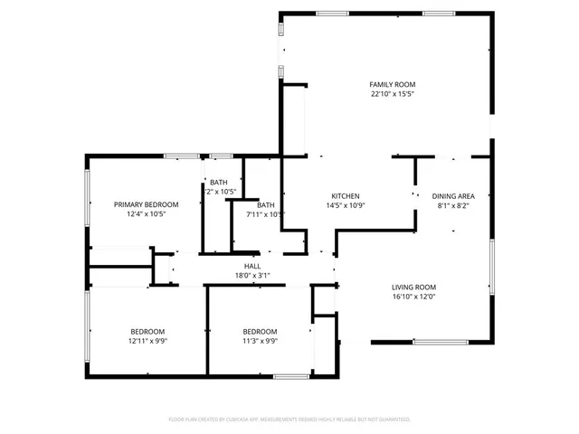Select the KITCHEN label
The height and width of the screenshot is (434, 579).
click(346, 196)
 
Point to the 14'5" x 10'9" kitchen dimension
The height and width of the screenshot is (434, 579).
click(346, 206)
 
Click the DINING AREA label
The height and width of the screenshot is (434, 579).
click(453, 196)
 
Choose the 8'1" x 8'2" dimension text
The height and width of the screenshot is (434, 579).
click(453, 206)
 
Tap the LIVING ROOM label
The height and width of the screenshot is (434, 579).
click(413, 287)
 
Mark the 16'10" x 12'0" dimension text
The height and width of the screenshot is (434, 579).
click(413, 297)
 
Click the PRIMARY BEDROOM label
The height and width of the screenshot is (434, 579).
click(146, 204)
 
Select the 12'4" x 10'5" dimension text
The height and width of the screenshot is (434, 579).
click(146, 214)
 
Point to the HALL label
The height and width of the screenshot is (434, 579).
click(252, 266)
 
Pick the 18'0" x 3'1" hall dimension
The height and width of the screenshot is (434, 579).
click(252, 276)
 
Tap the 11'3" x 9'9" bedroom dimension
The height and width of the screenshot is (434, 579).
click(259, 341)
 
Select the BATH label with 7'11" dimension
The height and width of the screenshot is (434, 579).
click(265, 204)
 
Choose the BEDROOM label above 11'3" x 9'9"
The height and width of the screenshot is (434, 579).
click(259, 331)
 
